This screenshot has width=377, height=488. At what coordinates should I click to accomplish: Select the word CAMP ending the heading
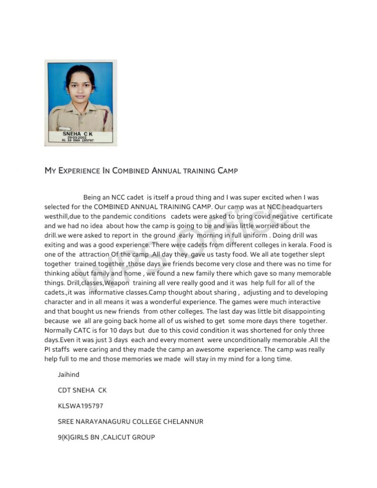(x=228, y=171)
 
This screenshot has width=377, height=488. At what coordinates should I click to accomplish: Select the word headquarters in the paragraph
(x=302, y=207)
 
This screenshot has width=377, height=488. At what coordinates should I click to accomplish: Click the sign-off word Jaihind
(x=69, y=375)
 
